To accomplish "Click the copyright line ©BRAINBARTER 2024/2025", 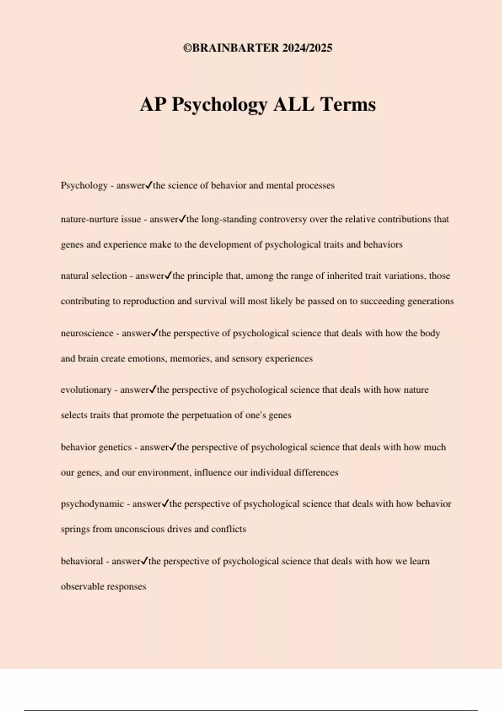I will click(258, 48).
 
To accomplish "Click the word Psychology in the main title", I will click(220, 105).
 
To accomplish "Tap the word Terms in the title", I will click(348, 105).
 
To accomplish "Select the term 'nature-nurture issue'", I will click(100, 219).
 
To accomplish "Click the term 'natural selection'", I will click(94, 276).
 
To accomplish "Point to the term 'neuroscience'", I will click(87, 333).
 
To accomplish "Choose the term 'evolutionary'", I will click(86, 390).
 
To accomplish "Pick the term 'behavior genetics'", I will click(96, 447).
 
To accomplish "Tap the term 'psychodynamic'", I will click(92, 504).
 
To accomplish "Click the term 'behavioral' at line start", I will click(82, 561).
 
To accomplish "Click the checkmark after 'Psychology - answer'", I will click(149, 185).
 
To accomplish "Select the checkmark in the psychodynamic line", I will click(165, 503).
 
